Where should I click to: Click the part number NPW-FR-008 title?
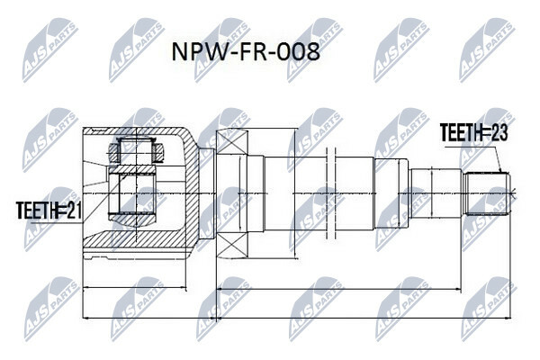pyautogui.click(x=246, y=52)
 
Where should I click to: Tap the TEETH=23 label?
pyautogui.click(x=474, y=133)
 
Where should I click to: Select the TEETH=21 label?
pyautogui.click(x=49, y=210)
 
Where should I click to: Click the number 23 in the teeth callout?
pyautogui.click(x=499, y=133)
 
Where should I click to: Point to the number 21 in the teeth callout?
pyautogui.click(x=74, y=210)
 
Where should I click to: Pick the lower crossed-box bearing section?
pyautogui.click(x=232, y=244)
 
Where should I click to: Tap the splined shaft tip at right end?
pyautogui.click(x=487, y=193)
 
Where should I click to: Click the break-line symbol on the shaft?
pyautogui.click(x=330, y=193)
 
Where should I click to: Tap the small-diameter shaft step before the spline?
pyautogui.click(x=436, y=193)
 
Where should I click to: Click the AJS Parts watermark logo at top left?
pyautogui.click(x=49, y=49)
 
